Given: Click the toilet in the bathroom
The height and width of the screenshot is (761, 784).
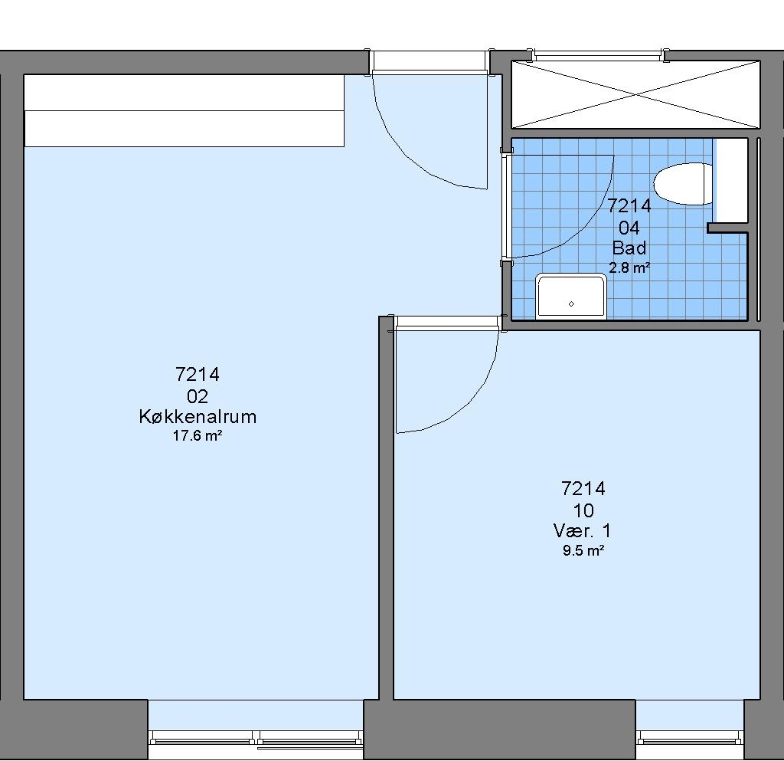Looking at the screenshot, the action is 683,184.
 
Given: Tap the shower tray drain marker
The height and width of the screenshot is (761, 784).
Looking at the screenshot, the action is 571,303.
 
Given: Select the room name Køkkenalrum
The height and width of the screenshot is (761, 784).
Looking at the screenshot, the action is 198,416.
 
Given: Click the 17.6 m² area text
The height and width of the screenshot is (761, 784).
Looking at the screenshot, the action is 198,436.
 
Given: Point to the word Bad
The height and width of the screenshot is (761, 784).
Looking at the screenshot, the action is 629,248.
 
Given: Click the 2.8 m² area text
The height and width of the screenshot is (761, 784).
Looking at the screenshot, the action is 629,267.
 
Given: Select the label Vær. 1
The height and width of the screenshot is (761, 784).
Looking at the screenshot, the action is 583,530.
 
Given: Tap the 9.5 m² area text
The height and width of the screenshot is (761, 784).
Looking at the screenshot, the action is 583,551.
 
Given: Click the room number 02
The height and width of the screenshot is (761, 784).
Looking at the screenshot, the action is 198,396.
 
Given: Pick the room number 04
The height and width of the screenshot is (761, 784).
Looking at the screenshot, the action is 629,228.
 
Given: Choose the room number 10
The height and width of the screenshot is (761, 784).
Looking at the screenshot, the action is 583,511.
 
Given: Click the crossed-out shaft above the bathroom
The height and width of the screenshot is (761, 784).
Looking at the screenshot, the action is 635,94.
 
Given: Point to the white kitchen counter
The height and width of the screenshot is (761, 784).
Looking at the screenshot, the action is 184,110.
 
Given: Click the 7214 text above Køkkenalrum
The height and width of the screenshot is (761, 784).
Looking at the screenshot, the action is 198,374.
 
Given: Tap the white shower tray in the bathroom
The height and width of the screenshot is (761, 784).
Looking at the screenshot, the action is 571,296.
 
